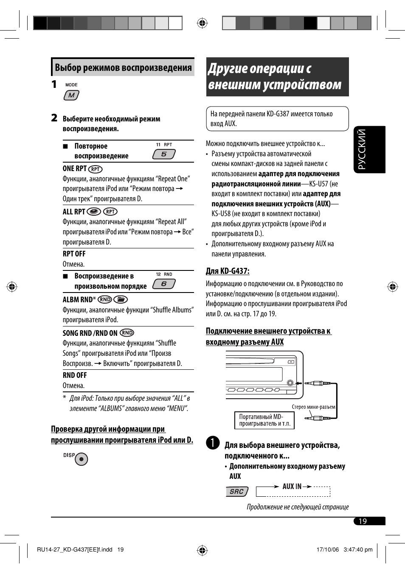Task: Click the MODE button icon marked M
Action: pyautogui.click(x=71, y=96)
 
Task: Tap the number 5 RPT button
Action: pyautogui.click(x=164, y=154)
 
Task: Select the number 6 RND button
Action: pyautogui.click(x=164, y=284)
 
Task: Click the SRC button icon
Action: pyautogui.click(x=237, y=492)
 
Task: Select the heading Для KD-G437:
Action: pyautogui.click(x=228, y=271)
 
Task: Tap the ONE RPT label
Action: pyautogui.click(x=75, y=169)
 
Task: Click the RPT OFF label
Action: pyautogui.click(x=74, y=254)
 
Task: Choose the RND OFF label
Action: pyautogui.click(x=75, y=375)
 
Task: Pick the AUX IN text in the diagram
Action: pyautogui.click(x=292, y=487)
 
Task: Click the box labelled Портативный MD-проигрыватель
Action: pyautogui.click(x=264, y=420)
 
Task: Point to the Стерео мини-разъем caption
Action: pyautogui.click(x=313, y=407)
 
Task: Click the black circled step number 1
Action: pyautogui.click(x=213, y=443)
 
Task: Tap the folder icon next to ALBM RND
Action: pyautogui.click(x=121, y=299)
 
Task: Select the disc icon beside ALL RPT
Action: pyautogui.click(x=93, y=211)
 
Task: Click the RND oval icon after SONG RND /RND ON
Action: pyautogui.click(x=127, y=333)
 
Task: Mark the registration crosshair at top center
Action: pyautogui.click(x=202, y=23)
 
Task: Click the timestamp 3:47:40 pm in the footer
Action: pyautogui.click(x=358, y=549)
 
